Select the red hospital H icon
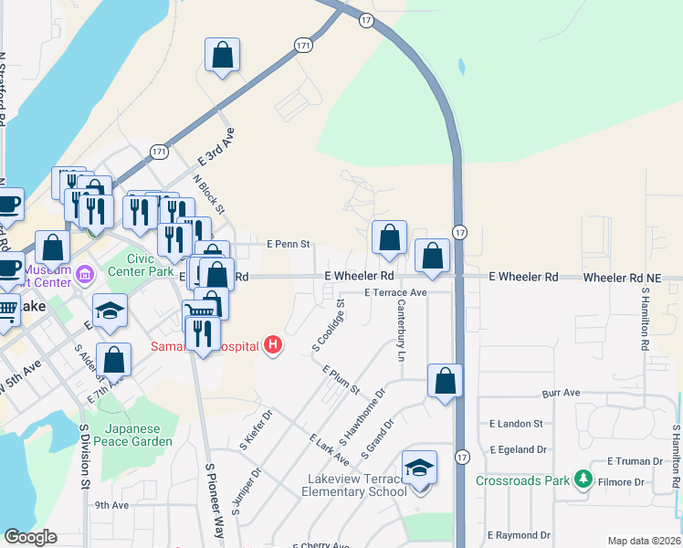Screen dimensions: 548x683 pos(271,344)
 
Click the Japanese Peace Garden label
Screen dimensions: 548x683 pos(138,435)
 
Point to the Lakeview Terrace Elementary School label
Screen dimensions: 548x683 pos(354,486)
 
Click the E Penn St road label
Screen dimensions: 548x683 pos(289,245)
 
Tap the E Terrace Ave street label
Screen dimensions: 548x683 pos(395,293)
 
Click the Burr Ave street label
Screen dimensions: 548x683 pos(561,393)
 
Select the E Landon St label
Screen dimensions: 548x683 pos(516,424)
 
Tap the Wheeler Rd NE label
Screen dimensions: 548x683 pos(632,277)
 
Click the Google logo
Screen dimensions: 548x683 pos(30,537)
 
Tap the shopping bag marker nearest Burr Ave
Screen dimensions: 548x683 pos(445,381)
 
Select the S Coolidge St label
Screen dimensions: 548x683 pos(328,324)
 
